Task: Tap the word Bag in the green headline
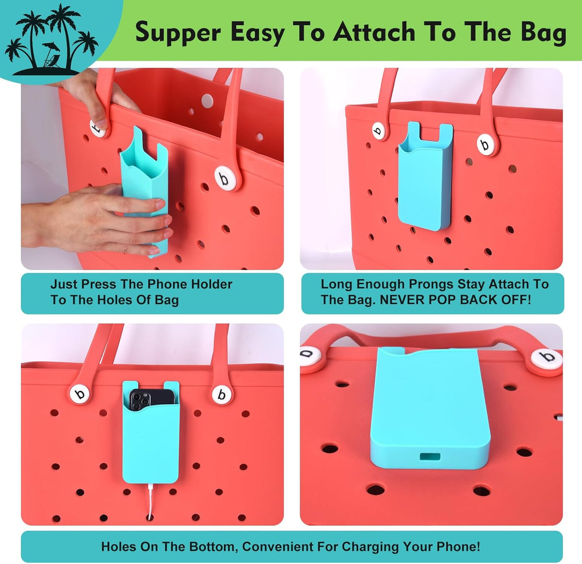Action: pos(543,33)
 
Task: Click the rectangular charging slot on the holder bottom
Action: pos(430,457)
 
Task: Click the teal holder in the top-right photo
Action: pos(425,177)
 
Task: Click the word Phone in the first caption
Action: pos(166,284)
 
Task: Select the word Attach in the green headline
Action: pos(374,32)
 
